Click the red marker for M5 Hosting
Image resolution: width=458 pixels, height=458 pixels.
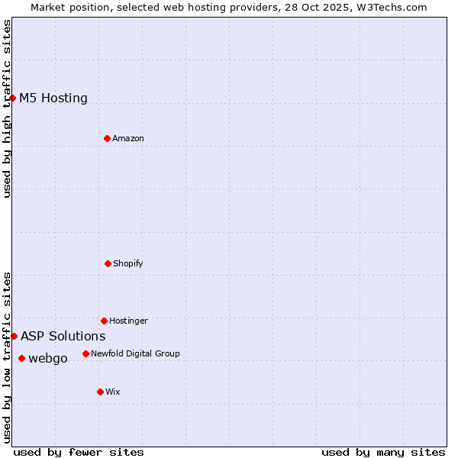tap(13, 98)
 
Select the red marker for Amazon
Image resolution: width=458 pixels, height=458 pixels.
tap(107, 138)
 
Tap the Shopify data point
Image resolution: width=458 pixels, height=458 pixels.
tap(108, 263)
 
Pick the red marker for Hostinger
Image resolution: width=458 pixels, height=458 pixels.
tap(104, 321)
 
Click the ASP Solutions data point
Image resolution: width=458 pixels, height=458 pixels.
tap(14, 336)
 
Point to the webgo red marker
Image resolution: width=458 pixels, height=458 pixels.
tap(21, 358)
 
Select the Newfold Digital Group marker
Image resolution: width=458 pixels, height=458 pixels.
tap(85, 353)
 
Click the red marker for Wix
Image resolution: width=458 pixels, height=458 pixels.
tap(100, 392)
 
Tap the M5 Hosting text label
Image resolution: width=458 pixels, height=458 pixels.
tap(53, 98)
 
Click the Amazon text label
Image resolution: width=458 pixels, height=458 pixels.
tap(128, 138)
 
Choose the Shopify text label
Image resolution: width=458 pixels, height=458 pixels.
tap(128, 263)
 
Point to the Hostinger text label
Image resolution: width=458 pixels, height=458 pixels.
tap(128, 321)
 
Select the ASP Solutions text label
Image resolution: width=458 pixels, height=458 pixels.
tap(63, 336)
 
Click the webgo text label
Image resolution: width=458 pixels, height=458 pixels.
tap(48, 358)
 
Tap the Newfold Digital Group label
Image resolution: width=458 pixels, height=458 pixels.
tap(135, 353)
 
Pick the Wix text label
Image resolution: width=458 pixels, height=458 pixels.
tap(113, 392)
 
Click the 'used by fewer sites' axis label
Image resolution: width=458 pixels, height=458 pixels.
tap(79, 452)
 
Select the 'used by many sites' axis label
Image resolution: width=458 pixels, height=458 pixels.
tap(383, 452)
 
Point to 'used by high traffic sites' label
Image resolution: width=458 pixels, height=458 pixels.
tap(7, 108)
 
